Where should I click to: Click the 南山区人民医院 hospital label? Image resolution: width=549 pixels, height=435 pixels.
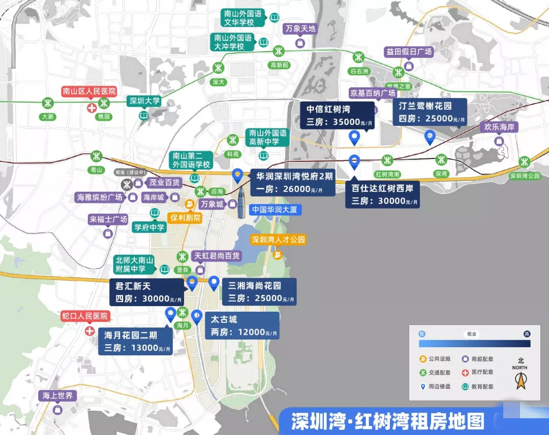(x=89, y=92)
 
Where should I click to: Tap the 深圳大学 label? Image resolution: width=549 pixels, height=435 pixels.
(x=144, y=101)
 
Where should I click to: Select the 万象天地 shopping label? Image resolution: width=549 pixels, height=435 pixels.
(x=300, y=28)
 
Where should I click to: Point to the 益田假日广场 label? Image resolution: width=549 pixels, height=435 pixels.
(x=409, y=52)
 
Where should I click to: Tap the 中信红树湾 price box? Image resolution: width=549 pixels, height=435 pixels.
(x=337, y=115)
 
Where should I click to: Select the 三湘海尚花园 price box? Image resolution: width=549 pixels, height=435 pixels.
(x=259, y=292)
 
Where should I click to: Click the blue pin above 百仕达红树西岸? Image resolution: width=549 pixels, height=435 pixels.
(x=354, y=161)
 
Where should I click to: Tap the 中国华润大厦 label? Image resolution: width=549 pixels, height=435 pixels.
(x=274, y=209)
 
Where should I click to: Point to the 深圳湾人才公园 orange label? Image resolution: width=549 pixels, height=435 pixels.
(x=279, y=240)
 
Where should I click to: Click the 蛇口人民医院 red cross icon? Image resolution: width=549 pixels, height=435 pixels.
(x=90, y=331)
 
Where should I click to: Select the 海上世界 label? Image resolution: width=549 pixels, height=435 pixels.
(x=57, y=396)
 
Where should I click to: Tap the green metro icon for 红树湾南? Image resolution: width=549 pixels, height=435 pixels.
(x=387, y=160)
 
